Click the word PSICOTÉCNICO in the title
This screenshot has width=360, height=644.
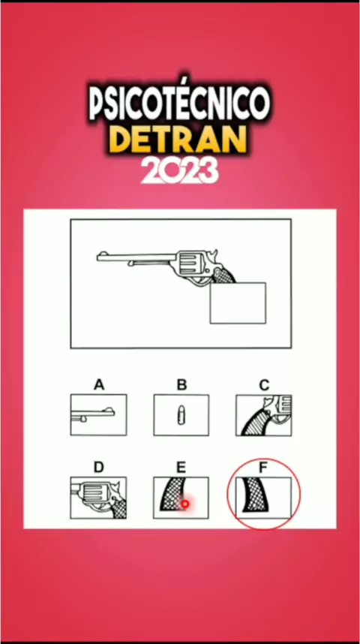(179, 101)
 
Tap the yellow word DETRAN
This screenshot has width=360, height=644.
(179, 140)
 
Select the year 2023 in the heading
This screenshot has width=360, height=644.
(179, 171)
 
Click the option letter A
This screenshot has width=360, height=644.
(98, 385)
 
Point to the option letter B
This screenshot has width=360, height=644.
(181, 385)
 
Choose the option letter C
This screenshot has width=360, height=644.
(264, 385)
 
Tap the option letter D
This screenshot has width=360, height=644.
(98, 468)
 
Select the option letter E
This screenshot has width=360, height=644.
(181, 468)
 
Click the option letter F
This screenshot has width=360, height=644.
(264, 468)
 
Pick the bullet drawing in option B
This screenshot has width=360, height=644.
(181, 415)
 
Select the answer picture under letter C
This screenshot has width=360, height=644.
(264, 415)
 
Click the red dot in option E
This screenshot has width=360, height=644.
(184, 504)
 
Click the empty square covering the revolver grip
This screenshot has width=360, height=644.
(238, 302)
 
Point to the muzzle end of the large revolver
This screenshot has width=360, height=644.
(97, 257)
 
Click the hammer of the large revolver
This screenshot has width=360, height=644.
(213, 256)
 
